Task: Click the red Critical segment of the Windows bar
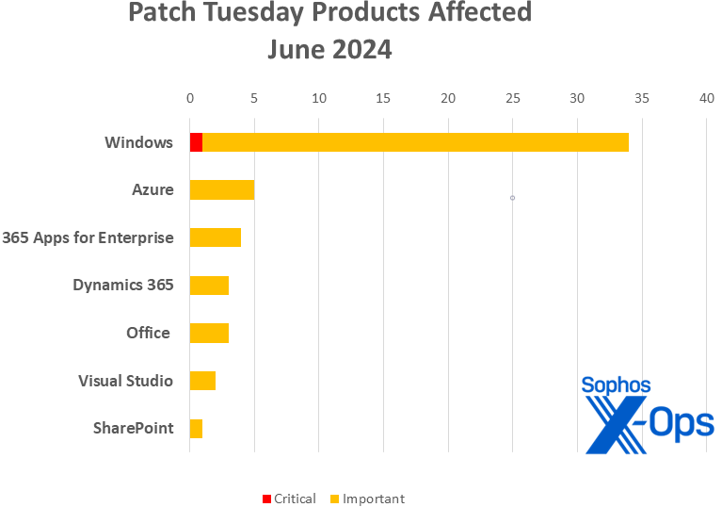click(x=196, y=142)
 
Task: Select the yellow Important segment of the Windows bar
click(x=415, y=142)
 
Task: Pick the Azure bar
click(x=222, y=189)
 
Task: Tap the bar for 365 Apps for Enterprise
click(x=216, y=237)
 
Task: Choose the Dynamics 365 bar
click(x=209, y=286)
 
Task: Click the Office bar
click(x=209, y=333)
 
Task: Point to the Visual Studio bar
click(x=202, y=381)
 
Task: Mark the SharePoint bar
click(x=196, y=429)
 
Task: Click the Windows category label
click(x=138, y=142)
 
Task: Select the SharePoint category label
click(x=133, y=428)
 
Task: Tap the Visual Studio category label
click(x=125, y=381)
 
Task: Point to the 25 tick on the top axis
click(x=513, y=98)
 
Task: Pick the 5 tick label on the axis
click(x=254, y=98)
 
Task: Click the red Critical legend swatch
click(x=266, y=499)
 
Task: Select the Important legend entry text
click(x=373, y=499)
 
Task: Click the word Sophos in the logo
click(x=616, y=385)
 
